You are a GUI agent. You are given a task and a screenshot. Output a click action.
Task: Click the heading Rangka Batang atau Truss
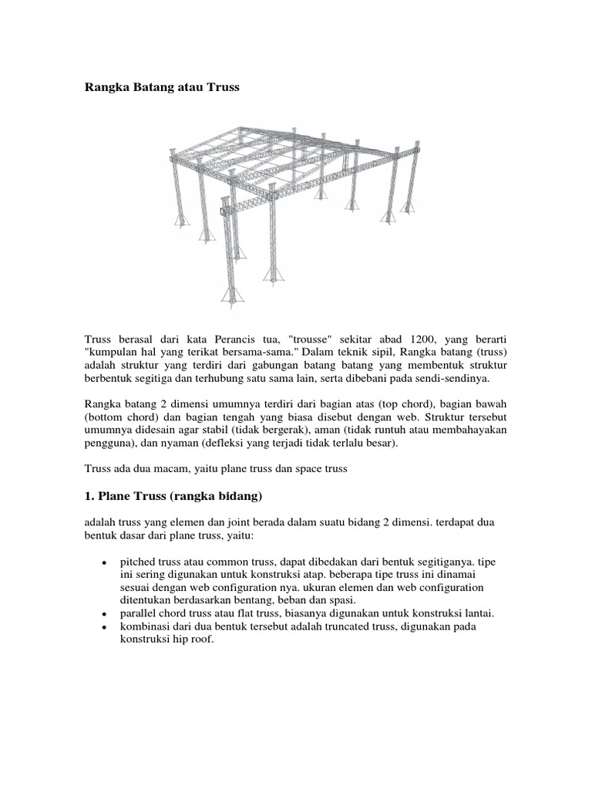pos(162,88)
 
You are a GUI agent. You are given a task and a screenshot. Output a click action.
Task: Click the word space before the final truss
pos(312,468)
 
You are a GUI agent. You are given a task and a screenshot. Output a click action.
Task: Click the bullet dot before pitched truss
pos(103,563)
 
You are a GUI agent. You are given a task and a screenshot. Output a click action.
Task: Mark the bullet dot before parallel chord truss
pos(103,614)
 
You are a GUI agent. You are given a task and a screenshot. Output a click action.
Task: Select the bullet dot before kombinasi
pos(103,627)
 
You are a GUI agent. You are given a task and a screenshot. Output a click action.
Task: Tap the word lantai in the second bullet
pos(476,613)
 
